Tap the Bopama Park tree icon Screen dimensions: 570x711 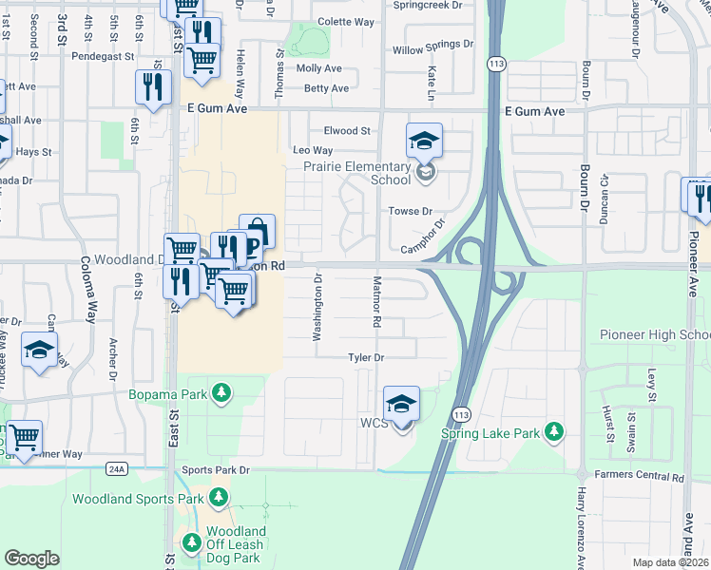(221, 393)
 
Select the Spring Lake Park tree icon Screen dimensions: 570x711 (553, 433)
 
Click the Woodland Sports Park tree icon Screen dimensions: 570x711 (219, 498)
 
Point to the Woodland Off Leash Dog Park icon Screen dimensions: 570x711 (191, 542)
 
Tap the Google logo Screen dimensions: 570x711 (31, 559)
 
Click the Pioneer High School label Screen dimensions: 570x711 (655, 334)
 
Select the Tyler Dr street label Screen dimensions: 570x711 (365, 358)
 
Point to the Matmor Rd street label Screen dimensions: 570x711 (376, 303)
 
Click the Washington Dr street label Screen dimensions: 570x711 (318, 307)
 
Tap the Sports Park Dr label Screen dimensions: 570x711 (216, 470)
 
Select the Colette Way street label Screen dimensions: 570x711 (346, 22)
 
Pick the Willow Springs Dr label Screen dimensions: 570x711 (432, 45)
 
